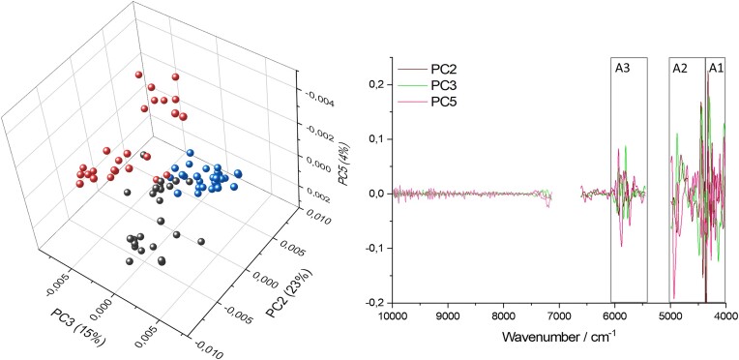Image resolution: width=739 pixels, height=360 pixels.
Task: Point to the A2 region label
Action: (x=680, y=68)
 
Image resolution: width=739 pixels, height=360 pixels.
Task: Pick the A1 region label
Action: (x=715, y=68)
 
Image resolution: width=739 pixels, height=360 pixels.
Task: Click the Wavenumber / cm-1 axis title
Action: (x=558, y=339)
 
